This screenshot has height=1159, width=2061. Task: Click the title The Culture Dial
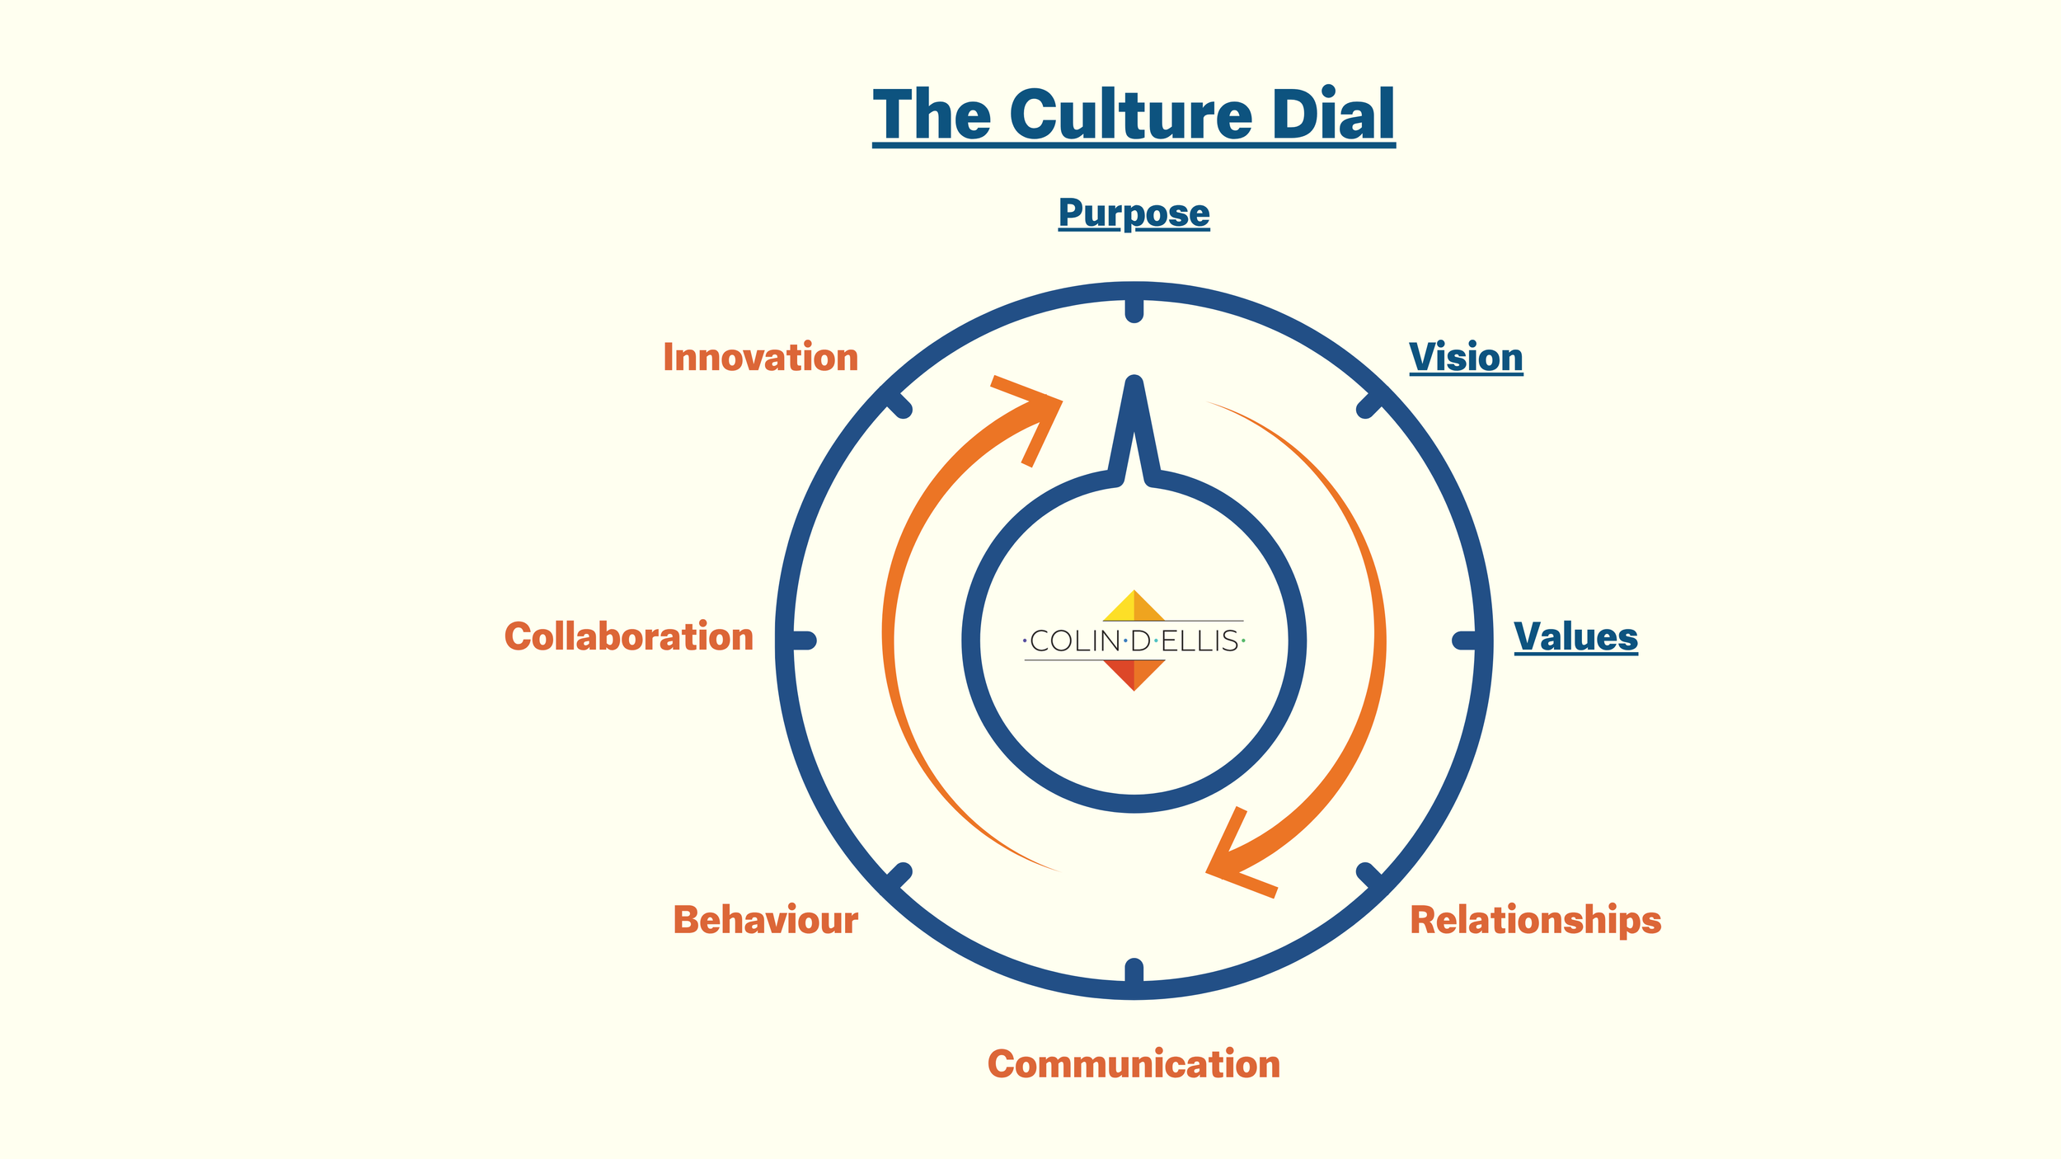[x=1134, y=115]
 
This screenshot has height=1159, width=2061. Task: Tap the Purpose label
[x=1134, y=213]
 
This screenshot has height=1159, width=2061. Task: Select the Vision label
[x=1466, y=358]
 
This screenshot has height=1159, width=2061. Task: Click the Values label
[x=1575, y=637]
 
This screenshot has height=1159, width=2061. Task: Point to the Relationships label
[x=1535, y=920]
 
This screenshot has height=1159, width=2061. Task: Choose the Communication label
[x=1134, y=1064]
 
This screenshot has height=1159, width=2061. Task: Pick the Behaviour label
[x=766, y=920]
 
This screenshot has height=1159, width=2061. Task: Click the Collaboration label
[x=629, y=637]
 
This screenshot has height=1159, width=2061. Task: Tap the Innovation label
[x=761, y=358]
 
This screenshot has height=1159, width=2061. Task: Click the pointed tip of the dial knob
[x=1134, y=386]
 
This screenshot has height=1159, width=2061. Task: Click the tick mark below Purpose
[x=1134, y=307]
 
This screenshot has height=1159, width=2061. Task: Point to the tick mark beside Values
[x=1467, y=640]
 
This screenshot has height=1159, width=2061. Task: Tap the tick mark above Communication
[x=1134, y=973]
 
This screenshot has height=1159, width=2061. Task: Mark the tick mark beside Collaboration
[x=801, y=640]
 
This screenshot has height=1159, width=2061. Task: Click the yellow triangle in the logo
[x=1123, y=610]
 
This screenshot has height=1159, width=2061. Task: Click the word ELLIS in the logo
[x=1200, y=641]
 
